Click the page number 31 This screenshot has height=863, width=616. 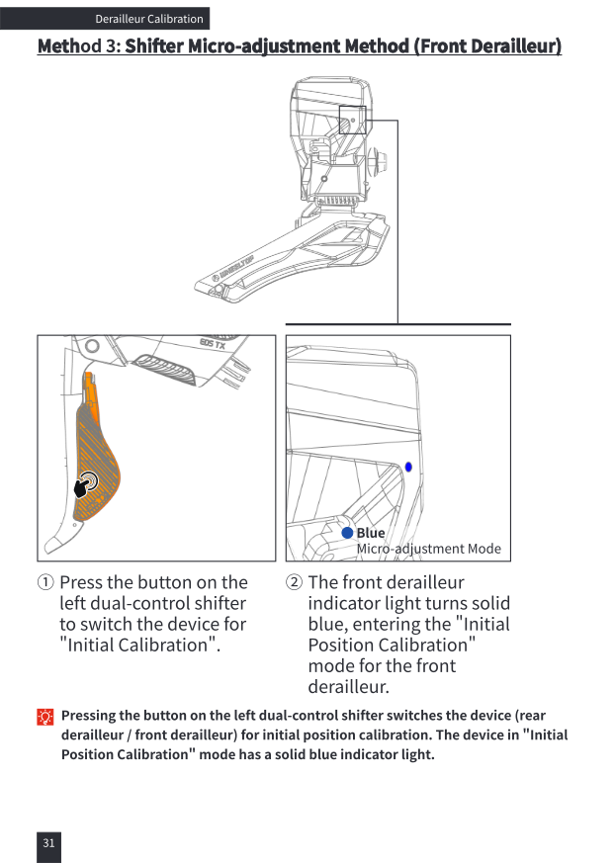click(49, 842)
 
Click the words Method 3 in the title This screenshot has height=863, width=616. click(78, 45)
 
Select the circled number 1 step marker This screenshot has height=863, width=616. click(45, 582)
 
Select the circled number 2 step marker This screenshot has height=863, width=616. click(294, 582)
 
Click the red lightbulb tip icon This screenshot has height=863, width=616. click(45, 717)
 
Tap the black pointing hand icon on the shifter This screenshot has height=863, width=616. click(85, 485)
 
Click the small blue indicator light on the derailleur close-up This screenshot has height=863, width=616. click(408, 467)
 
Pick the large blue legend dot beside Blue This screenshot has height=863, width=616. click(347, 533)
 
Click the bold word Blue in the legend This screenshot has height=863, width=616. click(371, 533)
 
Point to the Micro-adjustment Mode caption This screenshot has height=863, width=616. click(429, 549)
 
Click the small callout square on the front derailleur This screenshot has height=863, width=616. click(352, 120)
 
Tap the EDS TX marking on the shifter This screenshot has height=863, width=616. click(213, 344)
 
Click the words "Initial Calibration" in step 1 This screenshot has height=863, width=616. click(139, 646)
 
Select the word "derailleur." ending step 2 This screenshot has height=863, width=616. click(348, 687)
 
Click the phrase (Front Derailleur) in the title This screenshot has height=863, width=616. click(487, 45)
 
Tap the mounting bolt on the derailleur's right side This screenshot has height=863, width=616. click(378, 161)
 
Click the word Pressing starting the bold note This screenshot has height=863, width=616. click(89, 716)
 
